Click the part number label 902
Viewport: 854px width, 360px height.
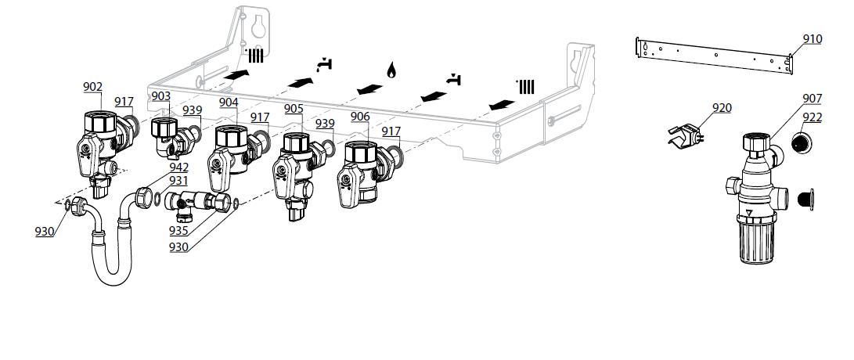coord(92,87)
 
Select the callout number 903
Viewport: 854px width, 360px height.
coord(160,96)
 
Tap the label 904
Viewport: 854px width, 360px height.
coord(229,103)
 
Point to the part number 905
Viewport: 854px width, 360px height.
coord(294,109)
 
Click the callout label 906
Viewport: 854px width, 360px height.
coord(359,117)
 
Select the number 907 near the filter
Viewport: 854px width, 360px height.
coord(812,99)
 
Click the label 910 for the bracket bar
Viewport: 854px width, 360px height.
coord(812,38)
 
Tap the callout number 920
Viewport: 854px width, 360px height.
coord(721,108)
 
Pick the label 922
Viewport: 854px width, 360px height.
coord(812,117)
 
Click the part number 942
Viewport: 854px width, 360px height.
coord(179,167)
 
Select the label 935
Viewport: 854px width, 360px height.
coord(179,232)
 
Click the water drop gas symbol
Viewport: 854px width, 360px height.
coord(391,70)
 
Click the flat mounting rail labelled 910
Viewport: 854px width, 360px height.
coord(712,54)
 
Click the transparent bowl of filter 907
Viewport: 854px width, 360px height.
coord(755,239)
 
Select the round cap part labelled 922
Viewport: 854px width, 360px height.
coord(800,143)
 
